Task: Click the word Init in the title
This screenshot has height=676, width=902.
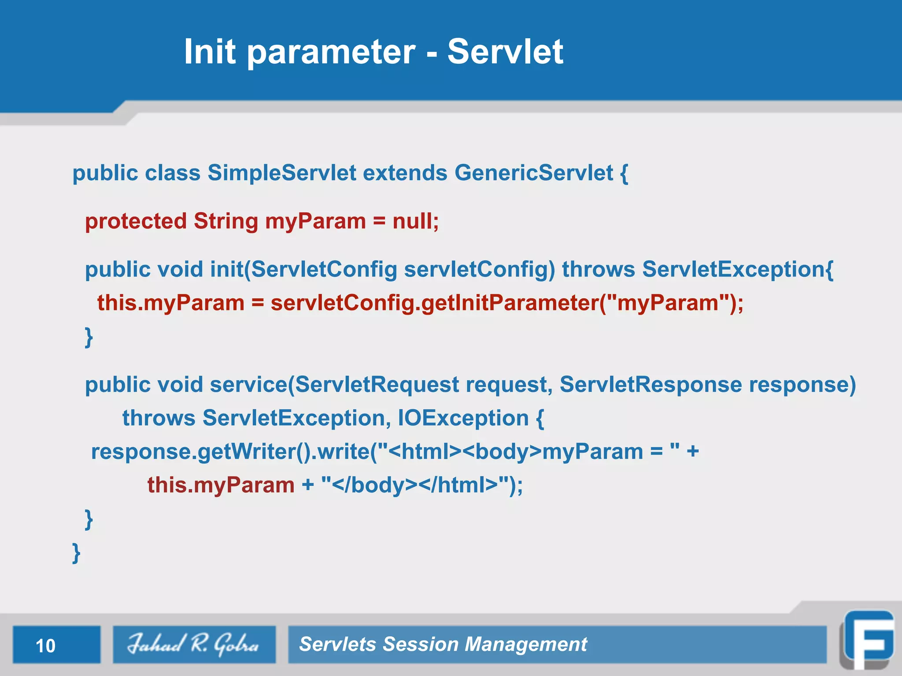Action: (x=210, y=52)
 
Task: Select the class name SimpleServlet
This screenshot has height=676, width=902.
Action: (x=281, y=173)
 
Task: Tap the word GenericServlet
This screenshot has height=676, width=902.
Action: (x=533, y=173)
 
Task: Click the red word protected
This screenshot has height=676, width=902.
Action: (x=136, y=221)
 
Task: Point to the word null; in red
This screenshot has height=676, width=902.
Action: (x=415, y=221)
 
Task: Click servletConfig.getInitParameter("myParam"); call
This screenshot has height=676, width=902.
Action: (x=506, y=303)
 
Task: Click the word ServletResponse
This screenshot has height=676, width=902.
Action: (x=651, y=385)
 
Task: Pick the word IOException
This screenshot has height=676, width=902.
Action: (x=463, y=418)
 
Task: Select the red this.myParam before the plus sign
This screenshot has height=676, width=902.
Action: (x=221, y=485)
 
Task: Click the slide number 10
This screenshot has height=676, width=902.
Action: (x=45, y=646)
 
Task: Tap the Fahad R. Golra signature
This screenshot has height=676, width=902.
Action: (x=193, y=644)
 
